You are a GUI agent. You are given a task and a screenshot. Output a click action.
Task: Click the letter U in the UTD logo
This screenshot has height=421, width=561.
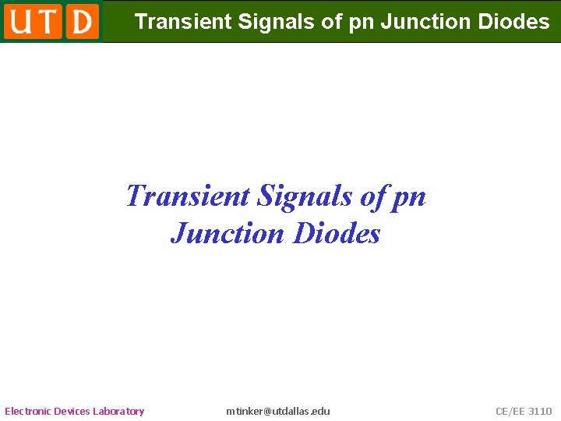[x=20, y=21]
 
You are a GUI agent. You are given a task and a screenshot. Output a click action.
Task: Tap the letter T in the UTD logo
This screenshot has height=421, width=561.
[x=48, y=21]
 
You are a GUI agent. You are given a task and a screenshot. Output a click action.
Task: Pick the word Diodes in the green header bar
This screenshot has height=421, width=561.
[x=513, y=22]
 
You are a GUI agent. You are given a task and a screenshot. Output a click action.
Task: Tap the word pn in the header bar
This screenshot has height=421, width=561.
[x=362, y=22]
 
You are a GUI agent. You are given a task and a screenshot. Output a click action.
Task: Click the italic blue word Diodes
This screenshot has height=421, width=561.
[x=337, y=233]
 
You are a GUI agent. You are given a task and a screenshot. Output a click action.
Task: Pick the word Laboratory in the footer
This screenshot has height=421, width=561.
[x=118, y=411]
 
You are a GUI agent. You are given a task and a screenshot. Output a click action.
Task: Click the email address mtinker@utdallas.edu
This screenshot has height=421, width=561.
[x=278, y=411]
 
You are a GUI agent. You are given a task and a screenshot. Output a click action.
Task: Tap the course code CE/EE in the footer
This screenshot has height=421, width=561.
[x=510, y=411]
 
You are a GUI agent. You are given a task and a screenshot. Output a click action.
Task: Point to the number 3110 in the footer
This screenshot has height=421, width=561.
[x=540, y=411]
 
